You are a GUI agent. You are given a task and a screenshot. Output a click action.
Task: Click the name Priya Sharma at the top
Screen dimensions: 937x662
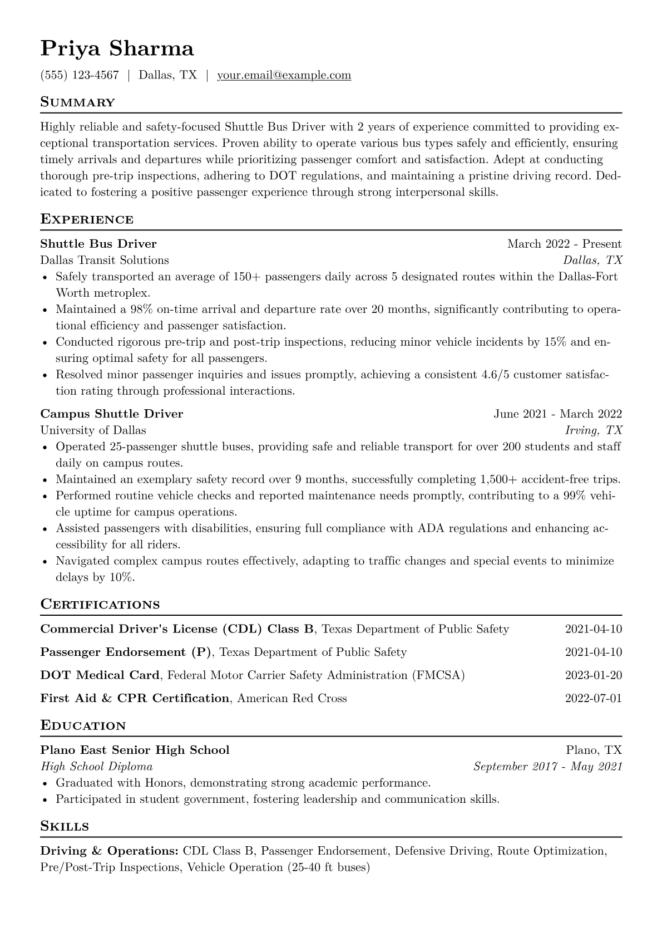[117, 49]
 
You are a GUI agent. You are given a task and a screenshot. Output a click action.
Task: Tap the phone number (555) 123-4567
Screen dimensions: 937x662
[80, 75]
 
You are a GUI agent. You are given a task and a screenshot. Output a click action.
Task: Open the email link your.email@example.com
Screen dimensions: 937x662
[284, 75]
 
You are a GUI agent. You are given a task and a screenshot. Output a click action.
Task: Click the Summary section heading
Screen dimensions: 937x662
[77, 102]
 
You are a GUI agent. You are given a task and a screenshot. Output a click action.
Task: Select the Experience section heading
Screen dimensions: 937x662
[87, 219]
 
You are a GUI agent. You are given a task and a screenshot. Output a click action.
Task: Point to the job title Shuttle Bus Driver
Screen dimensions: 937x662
[98, 244]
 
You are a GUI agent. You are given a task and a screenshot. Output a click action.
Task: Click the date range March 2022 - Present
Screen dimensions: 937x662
[564, 244]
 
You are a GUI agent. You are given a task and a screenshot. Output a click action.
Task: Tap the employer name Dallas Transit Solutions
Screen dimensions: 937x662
[105, 260]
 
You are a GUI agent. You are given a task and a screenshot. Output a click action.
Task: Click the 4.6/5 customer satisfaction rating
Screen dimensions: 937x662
[495, 375]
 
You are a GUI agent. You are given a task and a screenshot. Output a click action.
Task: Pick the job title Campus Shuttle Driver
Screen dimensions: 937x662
[111, 414]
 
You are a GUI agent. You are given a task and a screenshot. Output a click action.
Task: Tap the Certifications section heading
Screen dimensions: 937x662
[100, 605]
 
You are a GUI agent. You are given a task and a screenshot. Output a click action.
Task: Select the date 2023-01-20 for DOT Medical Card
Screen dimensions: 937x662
[593, 675]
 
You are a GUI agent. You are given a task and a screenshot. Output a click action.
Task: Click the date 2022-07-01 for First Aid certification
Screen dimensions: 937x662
[593, 698]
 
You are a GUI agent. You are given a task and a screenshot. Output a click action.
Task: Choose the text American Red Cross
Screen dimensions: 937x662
[292, 698]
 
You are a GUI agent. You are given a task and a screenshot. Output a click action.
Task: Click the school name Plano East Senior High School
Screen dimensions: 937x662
[135, 750]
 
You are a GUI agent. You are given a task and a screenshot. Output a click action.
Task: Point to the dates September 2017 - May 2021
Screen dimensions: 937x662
[547, 767]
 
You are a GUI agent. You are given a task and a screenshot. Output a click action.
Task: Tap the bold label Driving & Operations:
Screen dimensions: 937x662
[109, 851]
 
